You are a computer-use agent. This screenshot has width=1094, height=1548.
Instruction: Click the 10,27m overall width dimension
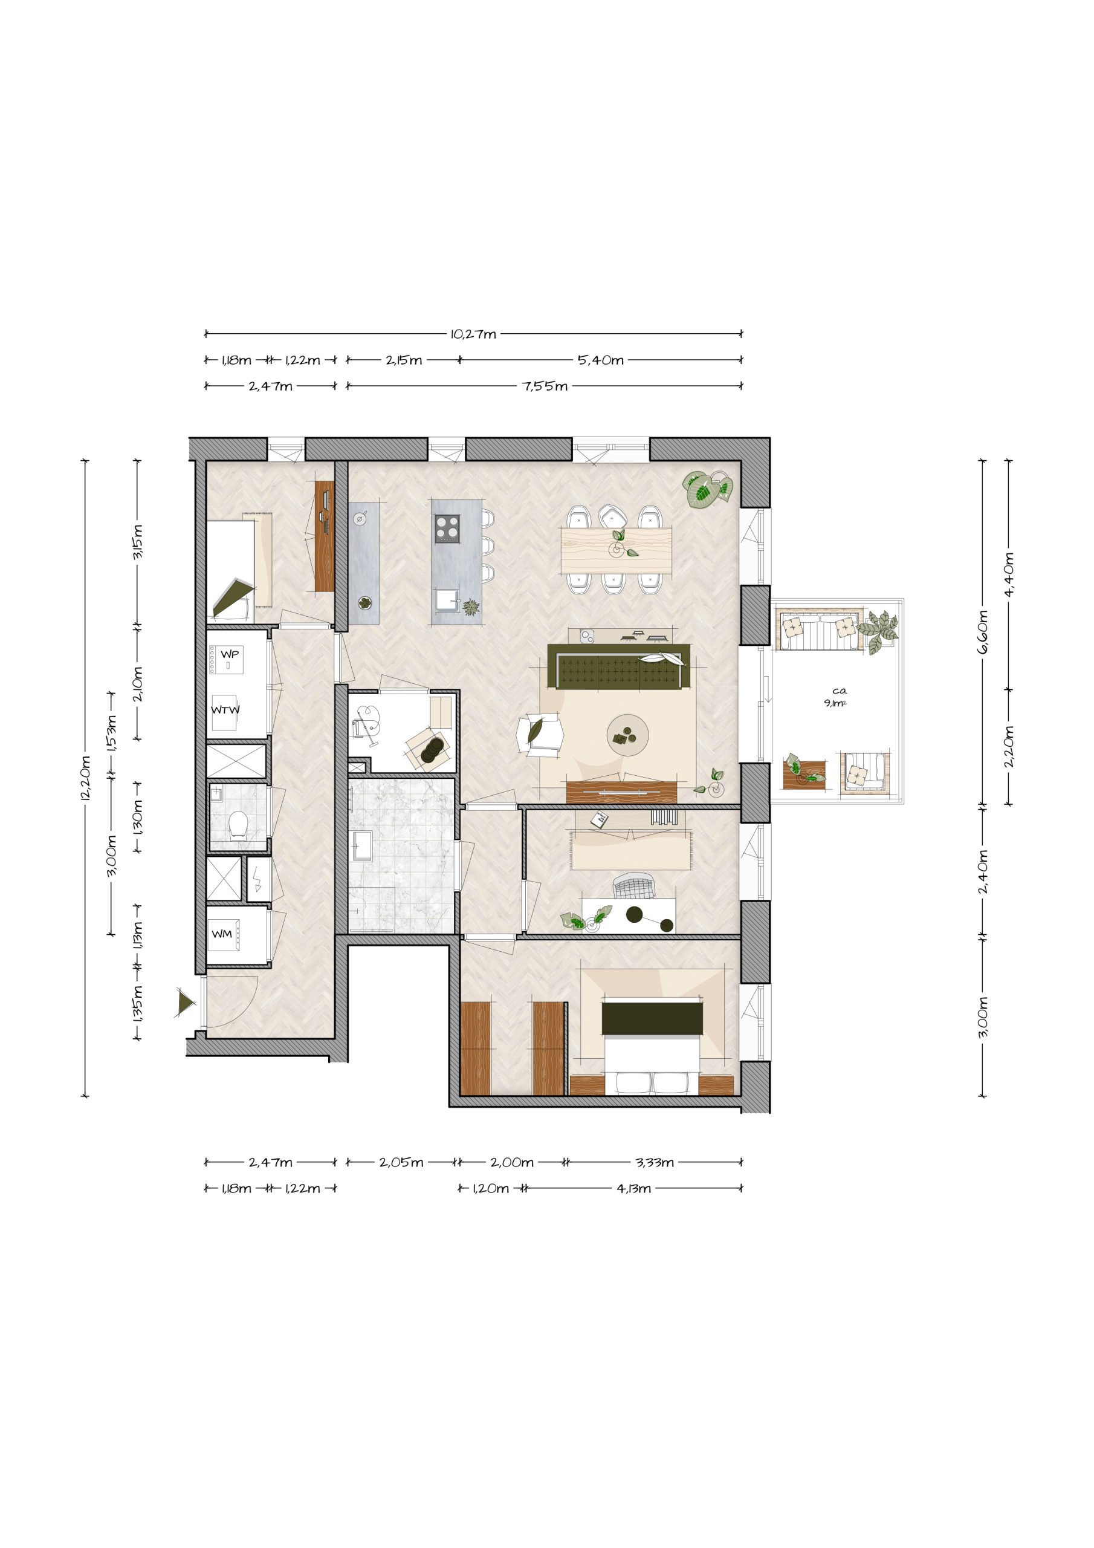[473, 334]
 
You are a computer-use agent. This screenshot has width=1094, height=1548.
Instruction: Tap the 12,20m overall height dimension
[86, 778]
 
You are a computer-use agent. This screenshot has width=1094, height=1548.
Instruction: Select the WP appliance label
[230, 654]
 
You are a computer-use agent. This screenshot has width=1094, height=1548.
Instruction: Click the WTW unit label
[225, 710]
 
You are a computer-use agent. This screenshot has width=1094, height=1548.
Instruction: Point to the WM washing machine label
[222, 934]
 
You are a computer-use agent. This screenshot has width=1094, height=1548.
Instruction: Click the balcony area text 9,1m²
[835, 703]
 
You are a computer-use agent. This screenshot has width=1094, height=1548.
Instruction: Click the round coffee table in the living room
[627, 735]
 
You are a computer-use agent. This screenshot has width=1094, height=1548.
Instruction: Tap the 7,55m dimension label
[545, 386]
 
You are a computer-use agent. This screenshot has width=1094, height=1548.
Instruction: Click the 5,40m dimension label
[601, 360]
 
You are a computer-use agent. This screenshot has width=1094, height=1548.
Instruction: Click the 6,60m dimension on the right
[983, 633]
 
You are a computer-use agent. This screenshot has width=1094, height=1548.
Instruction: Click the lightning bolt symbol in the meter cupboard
[259, 878]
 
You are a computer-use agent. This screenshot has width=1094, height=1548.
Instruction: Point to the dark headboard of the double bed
[652, 1018]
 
